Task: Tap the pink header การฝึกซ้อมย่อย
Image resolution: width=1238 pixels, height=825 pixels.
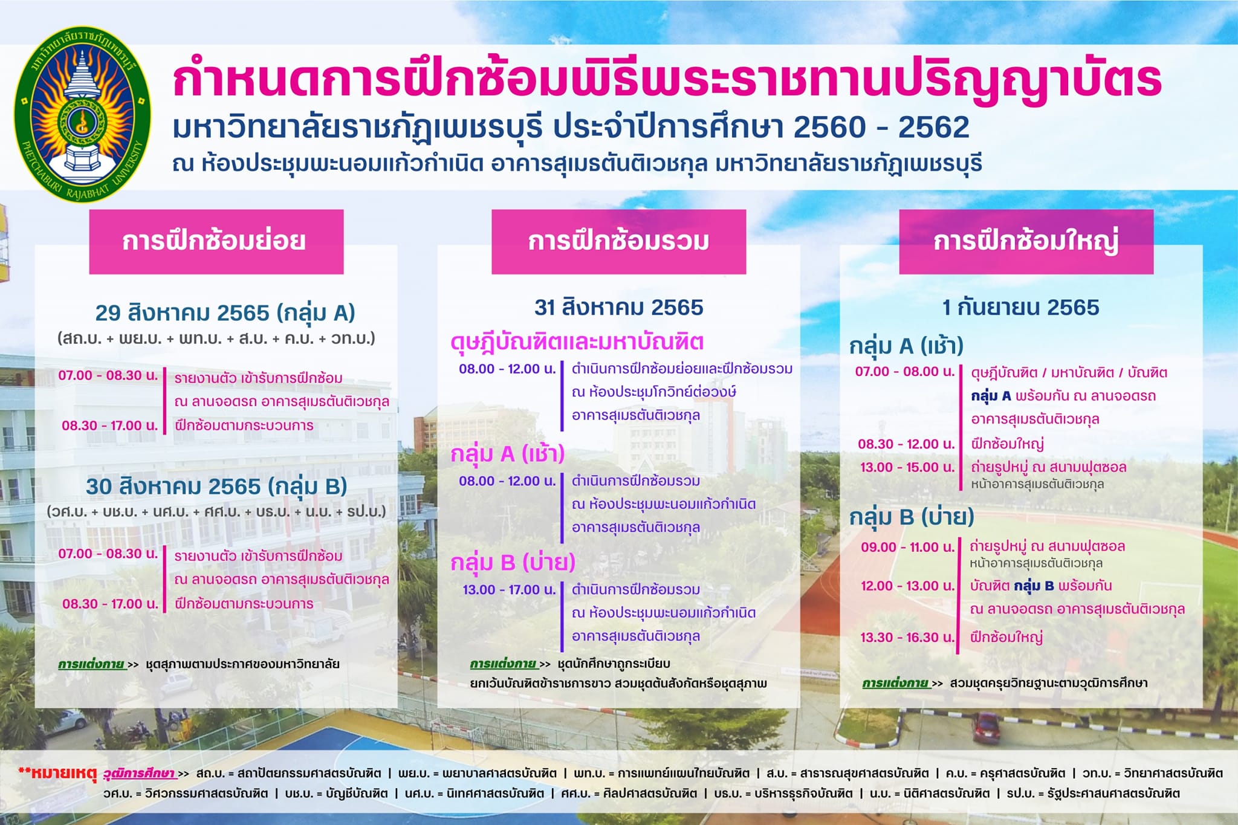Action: pyautogui.click(x=216, y=242)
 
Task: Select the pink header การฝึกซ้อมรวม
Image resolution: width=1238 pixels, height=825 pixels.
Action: pyautogui.click(x=618, y=242)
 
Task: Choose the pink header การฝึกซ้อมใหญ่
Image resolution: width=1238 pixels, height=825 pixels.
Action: pyautogui.click(x=1026, y=242)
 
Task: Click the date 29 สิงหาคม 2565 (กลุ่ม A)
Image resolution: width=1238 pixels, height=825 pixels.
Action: pyautogui.click(x=225, y=313)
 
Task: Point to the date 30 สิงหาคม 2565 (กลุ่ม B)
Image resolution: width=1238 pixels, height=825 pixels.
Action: pyautogui.click(x=216, y=487)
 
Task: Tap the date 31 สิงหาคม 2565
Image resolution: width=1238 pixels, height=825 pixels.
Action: pyautogui.click(x=619, y=308)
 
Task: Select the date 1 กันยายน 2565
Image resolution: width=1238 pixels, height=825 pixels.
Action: pyautogui.click(x=1021, y=308)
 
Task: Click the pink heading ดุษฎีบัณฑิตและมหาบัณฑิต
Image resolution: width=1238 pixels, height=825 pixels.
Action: pyautogui.click(x=577, y=343)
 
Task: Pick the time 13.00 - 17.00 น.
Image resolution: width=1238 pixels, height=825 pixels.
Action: pyautogui.click(x=509, y=590)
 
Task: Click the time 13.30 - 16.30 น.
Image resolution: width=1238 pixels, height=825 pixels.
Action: pyautogui.click(x=907, y=637)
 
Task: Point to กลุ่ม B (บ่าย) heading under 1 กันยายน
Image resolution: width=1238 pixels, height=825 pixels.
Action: pyautogui.click(x=912, y=517)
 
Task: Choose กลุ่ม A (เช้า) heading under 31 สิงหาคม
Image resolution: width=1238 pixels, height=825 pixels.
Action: pyautogui.click(x=508, y=454)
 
